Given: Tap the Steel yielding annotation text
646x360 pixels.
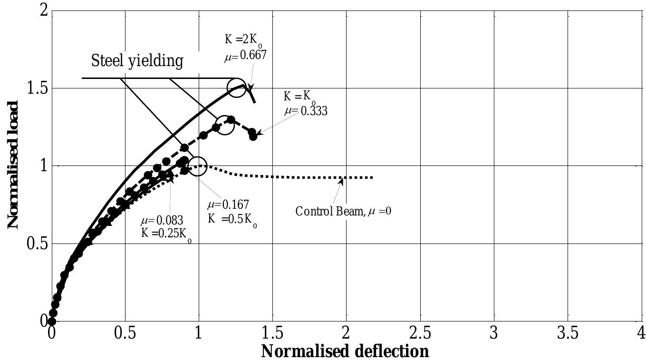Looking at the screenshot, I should pyautogui.click(x=137, y=61).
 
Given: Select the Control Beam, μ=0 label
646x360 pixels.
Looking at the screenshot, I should pyautogui.click(x=343, y=211).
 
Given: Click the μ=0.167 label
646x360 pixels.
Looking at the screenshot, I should pyautogui.click(x=228, y=205).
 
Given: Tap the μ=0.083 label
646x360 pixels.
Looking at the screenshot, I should pyautogui.click(x=162, y=221).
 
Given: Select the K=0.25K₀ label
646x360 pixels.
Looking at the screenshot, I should pyautogui.click(x=166, y=234).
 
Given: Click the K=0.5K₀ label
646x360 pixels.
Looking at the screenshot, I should pyautogui.click(x=232, y=219).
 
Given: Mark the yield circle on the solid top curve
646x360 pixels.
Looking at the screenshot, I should pyautogui.click(x=237, y=88).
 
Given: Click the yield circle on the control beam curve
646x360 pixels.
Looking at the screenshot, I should pyautogui.click(x=198, y=166).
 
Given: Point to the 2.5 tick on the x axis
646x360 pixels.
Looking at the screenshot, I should pyautogui.click(x=420, y=333).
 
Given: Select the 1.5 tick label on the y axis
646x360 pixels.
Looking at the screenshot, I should pyautogui.click(x=37, y=88).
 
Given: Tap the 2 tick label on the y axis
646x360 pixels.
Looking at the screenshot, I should pyautogui.click(x=43, y=10).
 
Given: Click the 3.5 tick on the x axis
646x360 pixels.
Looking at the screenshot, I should pyautogui.click(x=568, y=333).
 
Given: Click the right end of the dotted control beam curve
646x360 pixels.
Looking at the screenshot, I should pyautogui.click(x=372, y=177).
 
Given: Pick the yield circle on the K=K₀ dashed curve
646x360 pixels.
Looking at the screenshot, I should pyautogui.click(x=225, y=125).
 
